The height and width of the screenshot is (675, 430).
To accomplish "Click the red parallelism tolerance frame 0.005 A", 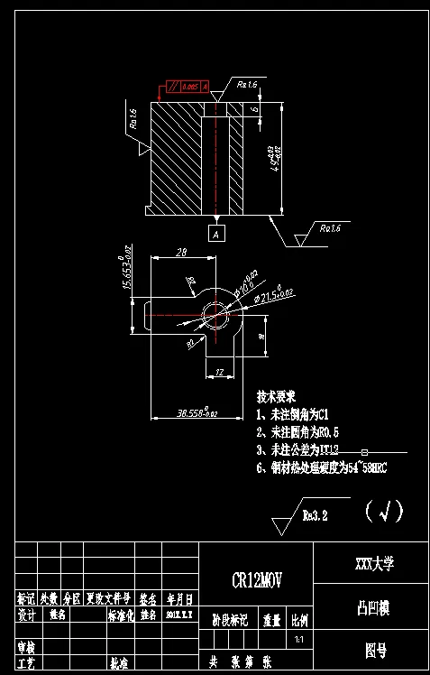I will click(188, 87).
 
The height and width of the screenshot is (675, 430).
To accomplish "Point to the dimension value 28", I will click(181, 253).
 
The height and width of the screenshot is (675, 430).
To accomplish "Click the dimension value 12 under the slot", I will click(219, 371).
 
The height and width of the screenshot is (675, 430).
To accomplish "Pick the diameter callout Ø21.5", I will click(275, 294).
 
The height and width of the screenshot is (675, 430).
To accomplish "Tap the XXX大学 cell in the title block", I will click(371, 565).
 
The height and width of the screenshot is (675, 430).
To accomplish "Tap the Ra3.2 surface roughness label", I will click(315, 516).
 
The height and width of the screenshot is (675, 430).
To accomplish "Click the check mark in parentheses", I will click(385, 512).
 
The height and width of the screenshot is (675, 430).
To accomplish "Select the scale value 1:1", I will click(299, 640).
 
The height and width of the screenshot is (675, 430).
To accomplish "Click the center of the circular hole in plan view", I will click(215, 314).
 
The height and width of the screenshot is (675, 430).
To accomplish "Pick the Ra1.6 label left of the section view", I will click(134, 118).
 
